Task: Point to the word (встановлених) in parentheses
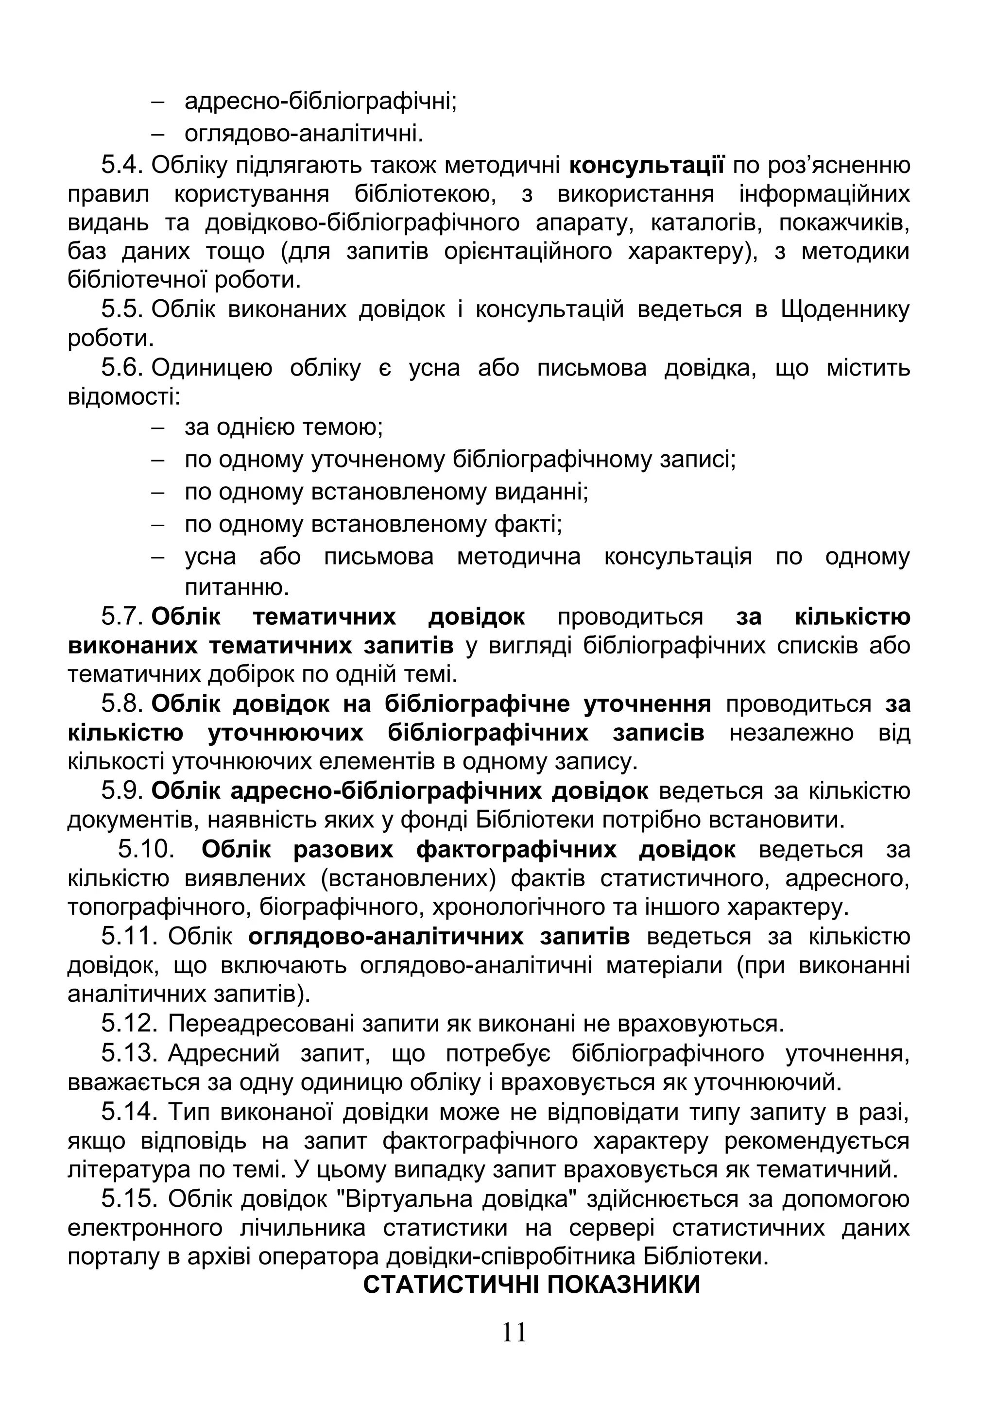click(408, 878)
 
